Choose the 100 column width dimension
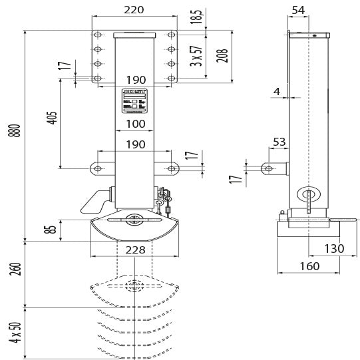pyautogui.click(x=135, y=124)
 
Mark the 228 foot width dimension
pyautogui.click(x=135, y=250)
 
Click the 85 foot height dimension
pyautogui.click(x=51, y=230)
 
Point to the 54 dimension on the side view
pyautogui.click(x=299, y=10)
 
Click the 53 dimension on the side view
pyautogui.click(x=279, y=141)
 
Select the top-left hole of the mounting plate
pyautogui.click(x=98, y=35)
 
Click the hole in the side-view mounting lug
pyautogui.click(x=268, y=168)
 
